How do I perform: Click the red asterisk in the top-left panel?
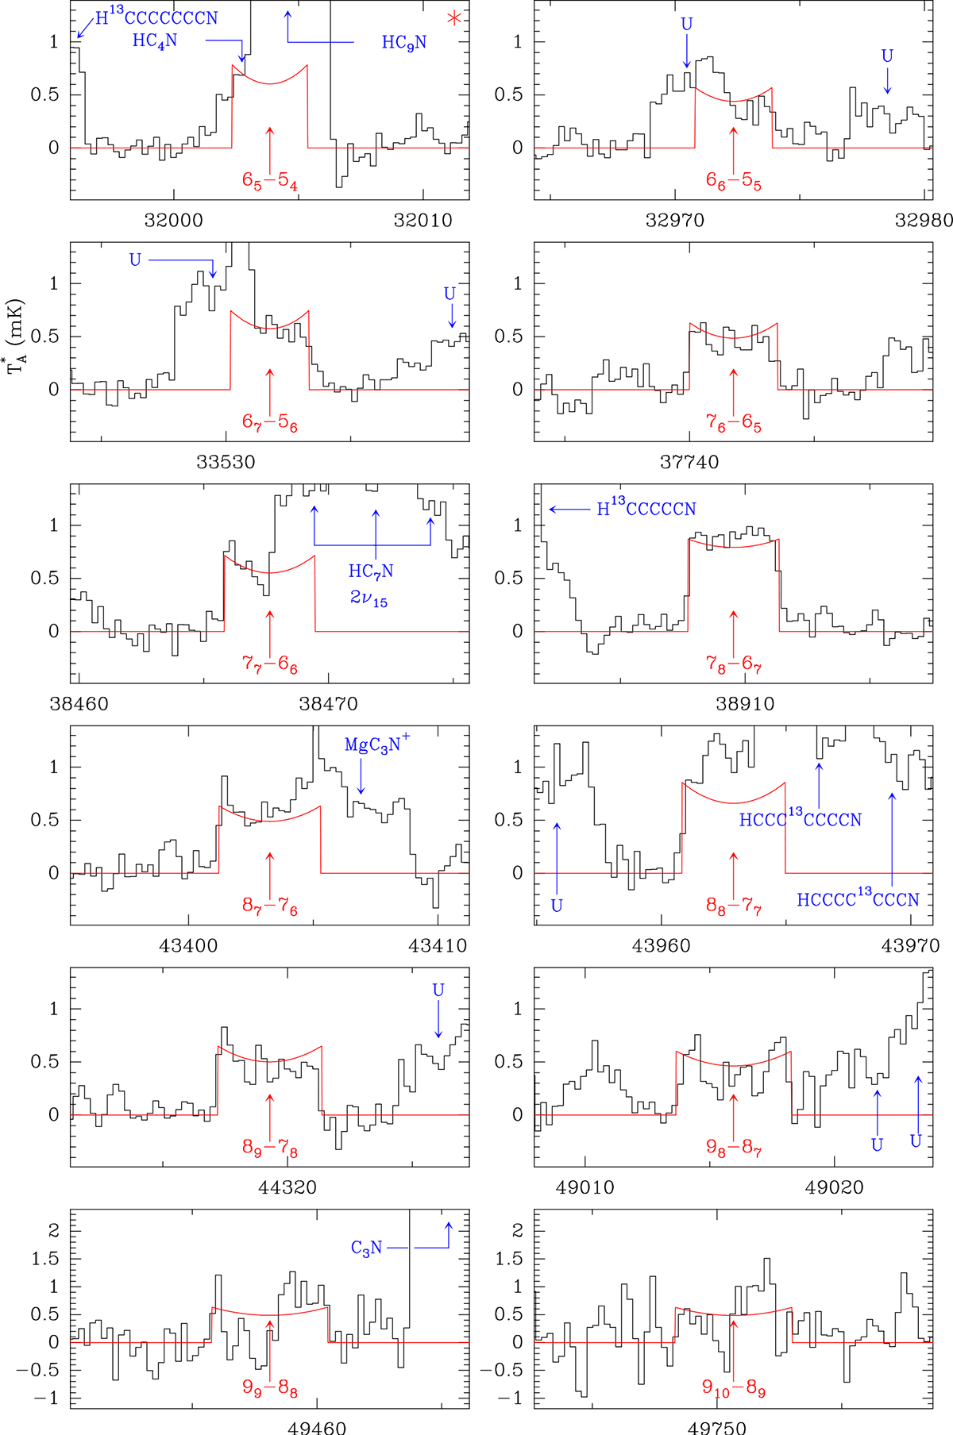pos(453,19)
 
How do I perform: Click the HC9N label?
pos(404,42)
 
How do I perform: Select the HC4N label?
pos(155,40)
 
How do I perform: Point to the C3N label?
pos(367,1248)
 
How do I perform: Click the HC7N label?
pos(370,571)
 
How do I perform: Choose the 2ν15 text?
pos(368,598)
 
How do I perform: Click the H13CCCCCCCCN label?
pos(156,17)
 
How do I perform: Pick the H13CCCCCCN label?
pos(646,509)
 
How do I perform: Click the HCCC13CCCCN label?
pos(801,819)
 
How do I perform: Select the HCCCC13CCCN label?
pos(858,899)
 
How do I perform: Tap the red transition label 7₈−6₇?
pos(734,664)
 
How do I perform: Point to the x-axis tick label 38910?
pos(745,704)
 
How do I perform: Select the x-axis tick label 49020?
pos(835,1188)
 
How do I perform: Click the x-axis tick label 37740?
pos(689,462)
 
